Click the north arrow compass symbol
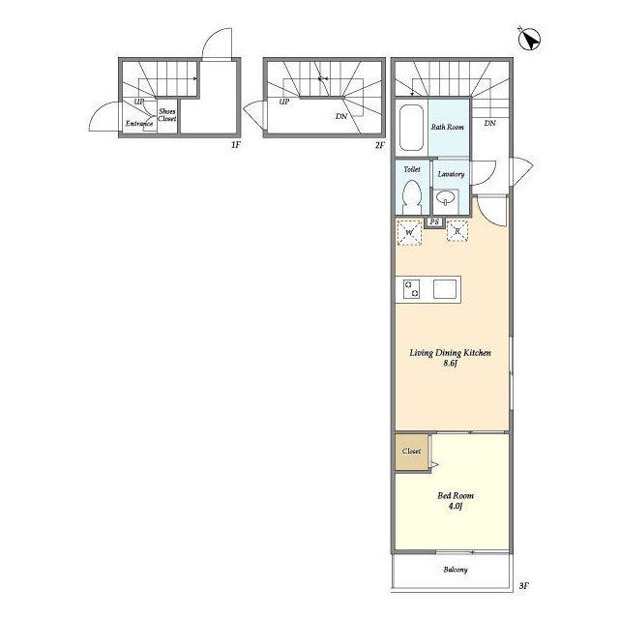tap(529, 40)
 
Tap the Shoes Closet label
tap(167, 115)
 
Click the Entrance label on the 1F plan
tap(139, 124)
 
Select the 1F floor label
tap(236, 145)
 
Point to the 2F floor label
tap(379, 145)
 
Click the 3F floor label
tap(524, 586)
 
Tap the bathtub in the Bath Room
tap(411, 127)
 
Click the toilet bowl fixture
tap(412, 196)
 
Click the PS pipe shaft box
tap(434, 221)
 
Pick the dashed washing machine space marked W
tap(409, 232)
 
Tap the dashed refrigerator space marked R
tap(457, 230)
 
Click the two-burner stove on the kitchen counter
tap(411, 289)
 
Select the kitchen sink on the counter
tap(445, 289)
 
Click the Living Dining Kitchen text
tap(450, 353)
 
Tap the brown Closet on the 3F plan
tap(412, 453)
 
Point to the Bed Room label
tap(456, 496)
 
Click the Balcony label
tap(456, 570)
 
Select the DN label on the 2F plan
tap(341, 116)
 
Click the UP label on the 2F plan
tap(284, 102)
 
